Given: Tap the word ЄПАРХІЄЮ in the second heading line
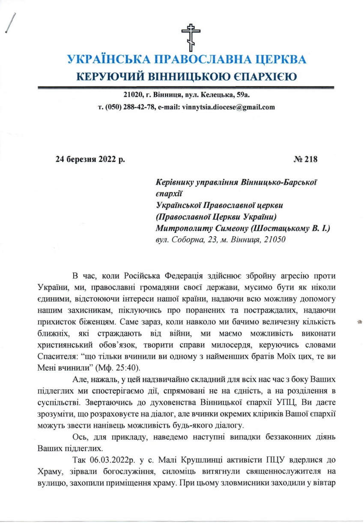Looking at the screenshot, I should (260, 77).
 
